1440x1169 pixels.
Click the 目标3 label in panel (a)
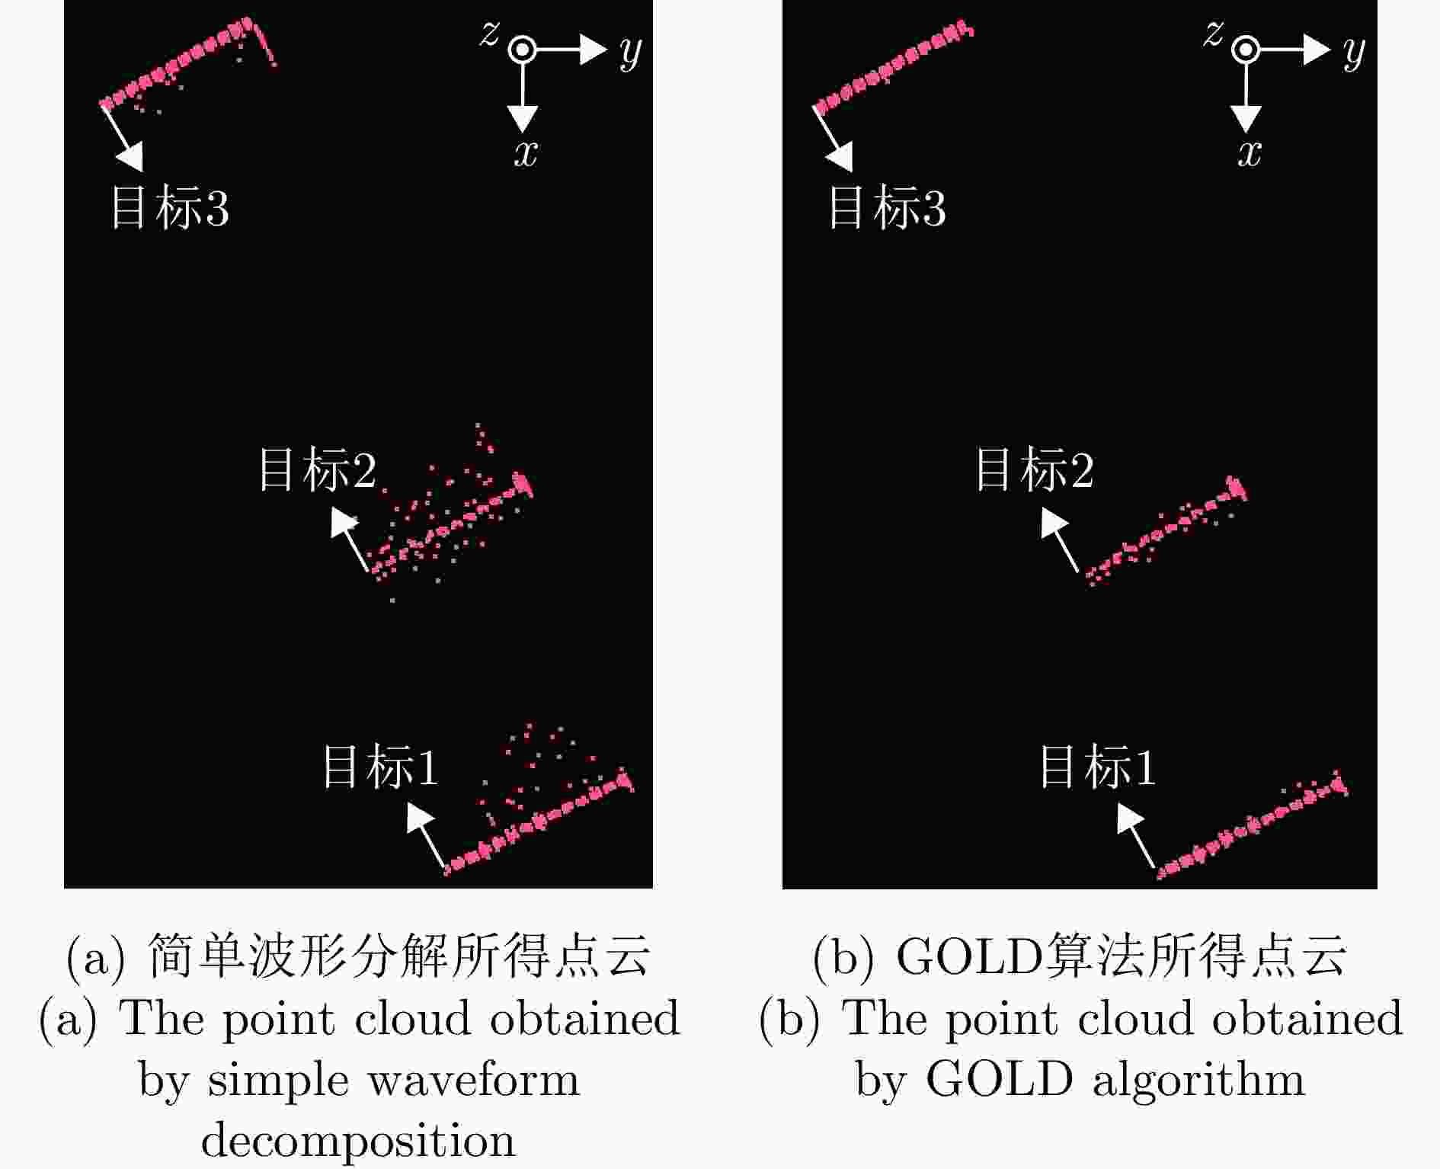[x=170, y=207]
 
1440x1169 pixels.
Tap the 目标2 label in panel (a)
[x=318, y=469]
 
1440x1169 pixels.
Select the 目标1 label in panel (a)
[x=381, y=766]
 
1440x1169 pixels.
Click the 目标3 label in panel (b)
[x=888, y=207]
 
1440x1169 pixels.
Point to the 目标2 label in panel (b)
[x=1035, y=469]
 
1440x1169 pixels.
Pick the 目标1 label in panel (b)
[x=1098, y=766]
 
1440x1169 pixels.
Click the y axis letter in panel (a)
[x=631, y=53]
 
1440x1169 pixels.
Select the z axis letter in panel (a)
[x=490, y=34]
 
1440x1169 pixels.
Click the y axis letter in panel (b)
[x=1354, y=53]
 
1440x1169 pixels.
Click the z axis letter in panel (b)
[x=1214, y=34]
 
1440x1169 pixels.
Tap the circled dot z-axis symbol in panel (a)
[x=522, y=50]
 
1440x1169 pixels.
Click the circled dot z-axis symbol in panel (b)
[x=1246, y=50]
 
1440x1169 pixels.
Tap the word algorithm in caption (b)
[x=1198, y=1081]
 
